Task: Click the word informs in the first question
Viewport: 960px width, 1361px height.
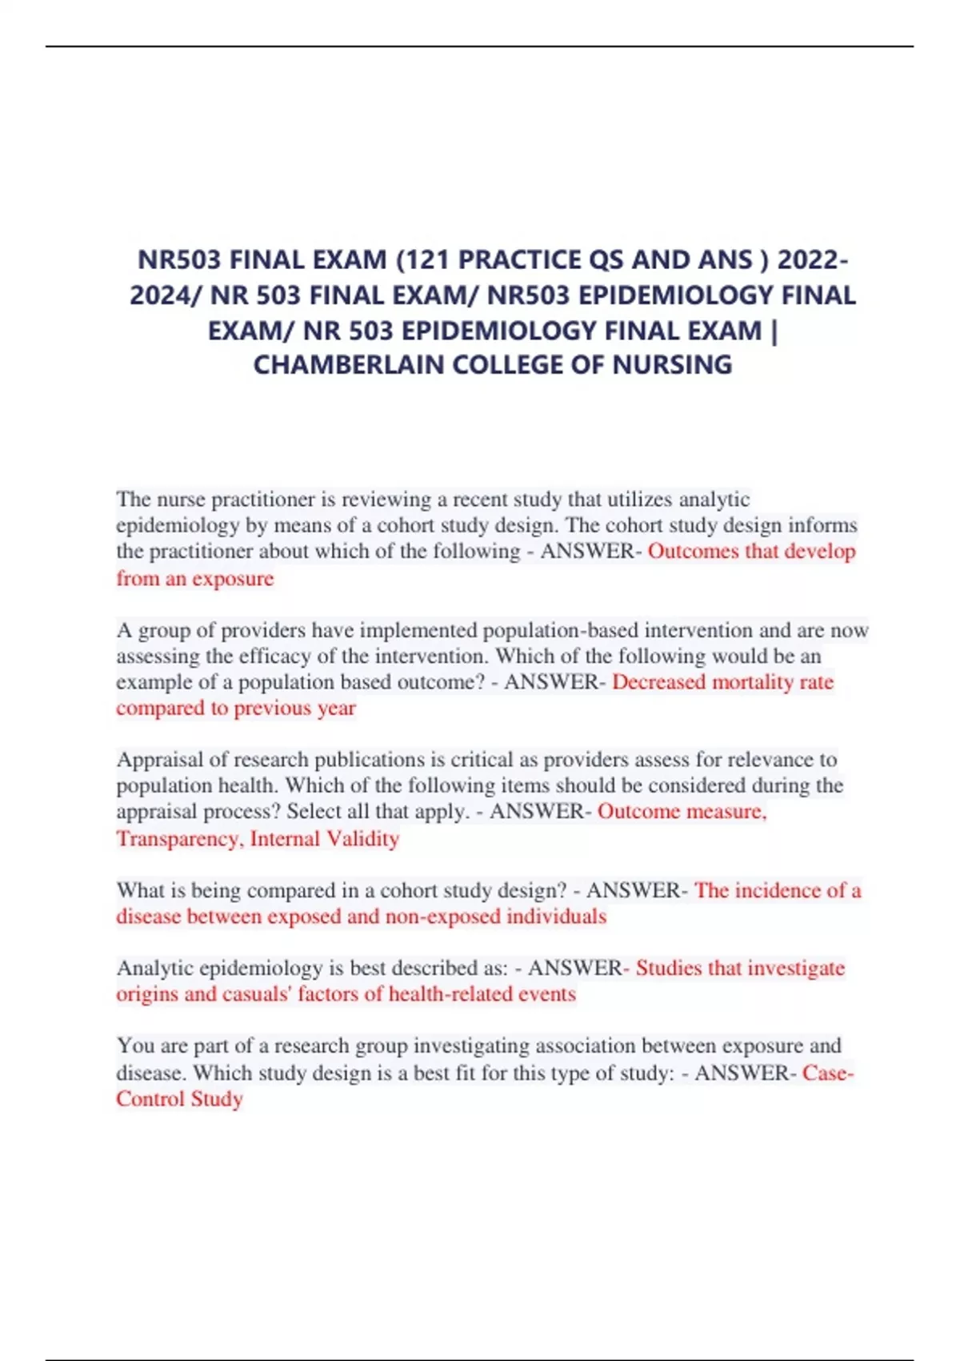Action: click(x=823, y=525)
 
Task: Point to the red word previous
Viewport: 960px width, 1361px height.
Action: click(x=272, y=709)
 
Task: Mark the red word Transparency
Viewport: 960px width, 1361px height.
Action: click(x=178, y=838)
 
